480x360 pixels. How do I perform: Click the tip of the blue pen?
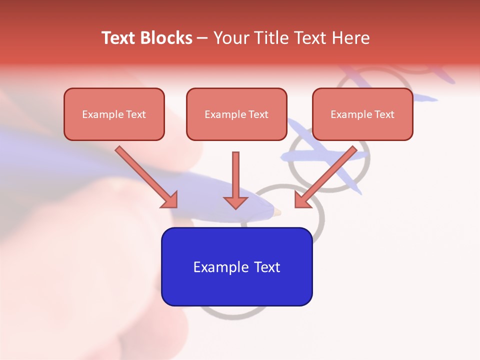(x=277, y=212)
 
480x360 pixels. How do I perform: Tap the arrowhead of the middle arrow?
(x=235, y=202)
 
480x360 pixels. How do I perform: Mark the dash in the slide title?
(x=202, y=38)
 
